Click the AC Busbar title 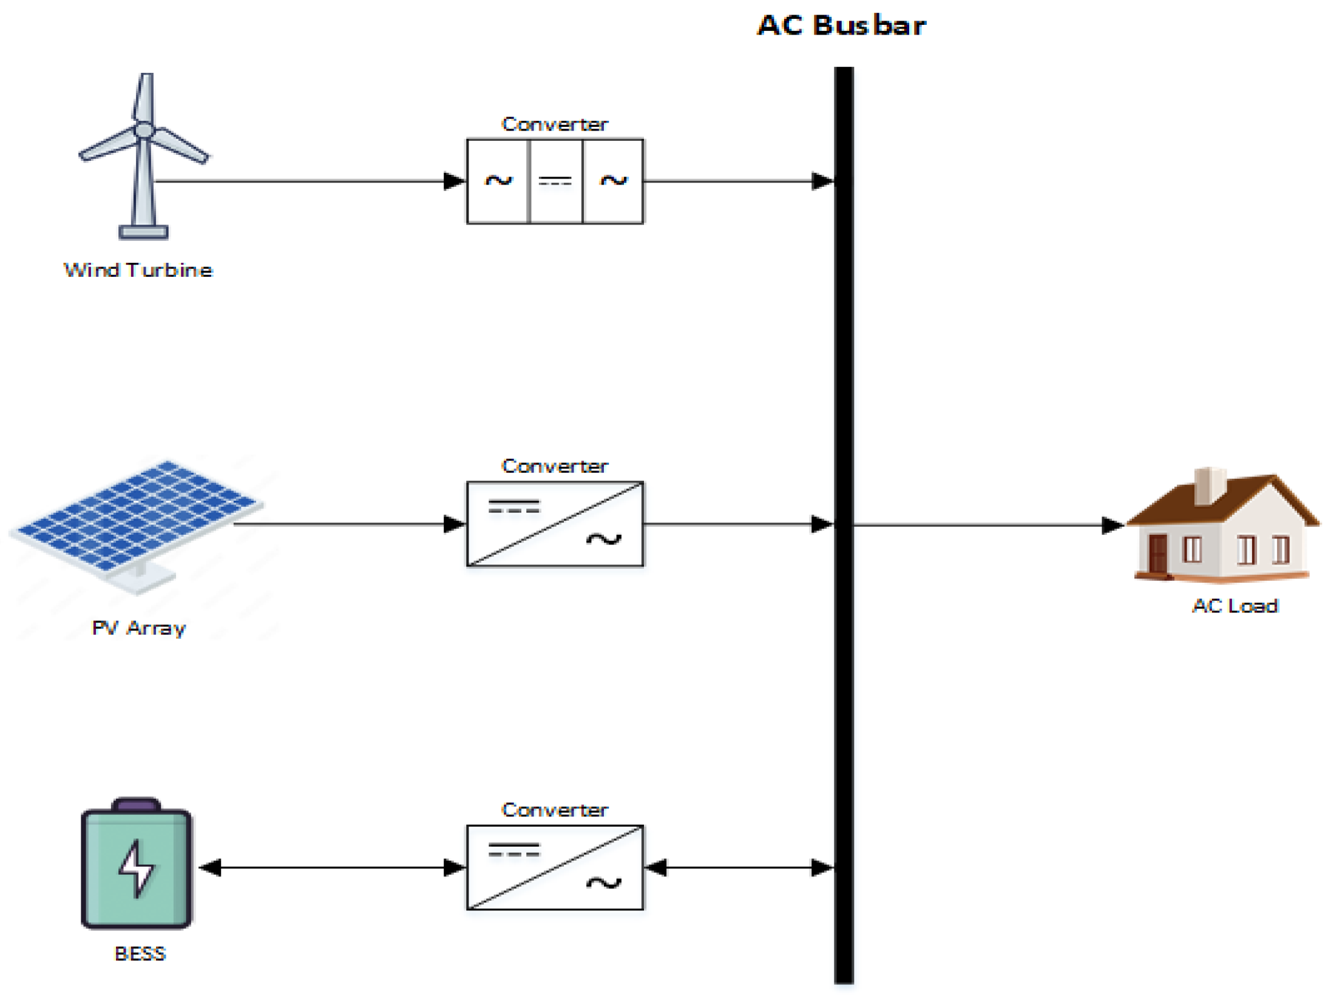point(841,25)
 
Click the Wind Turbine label point(138,270)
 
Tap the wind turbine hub point(144,129)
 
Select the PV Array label point(138,628)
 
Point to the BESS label point(140,954)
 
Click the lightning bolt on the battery point(137,868)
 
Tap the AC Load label point(1235,606)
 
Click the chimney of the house point(1209,486)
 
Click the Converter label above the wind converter point(555,124)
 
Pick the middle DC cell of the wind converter point(555,181)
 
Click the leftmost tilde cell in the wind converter point(498,181)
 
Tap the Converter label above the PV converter point(555,466)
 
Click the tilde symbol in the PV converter point(604,539)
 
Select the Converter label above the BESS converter point(555,810)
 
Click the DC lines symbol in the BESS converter point(514,850)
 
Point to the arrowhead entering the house point(1113,525)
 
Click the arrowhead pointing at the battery point(210,868)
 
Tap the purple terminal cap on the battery point(137,805)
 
